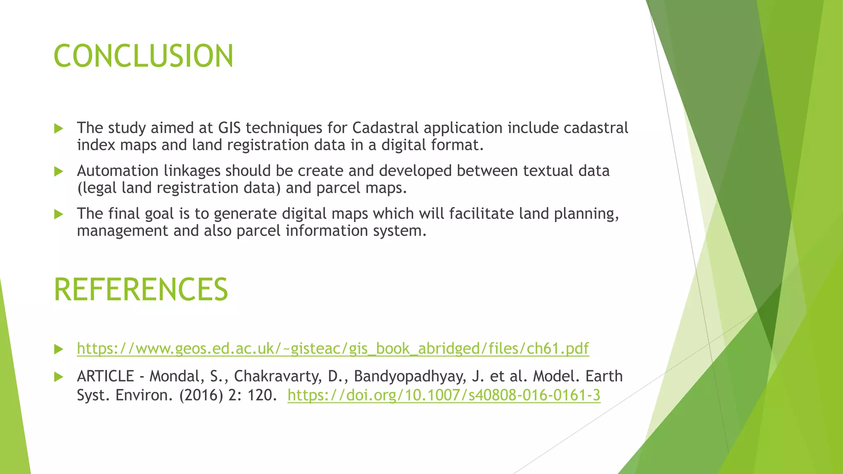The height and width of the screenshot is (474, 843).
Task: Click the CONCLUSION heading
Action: coord(143,56)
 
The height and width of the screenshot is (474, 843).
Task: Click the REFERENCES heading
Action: coord(141,289)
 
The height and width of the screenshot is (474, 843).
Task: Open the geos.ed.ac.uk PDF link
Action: coord(333,349)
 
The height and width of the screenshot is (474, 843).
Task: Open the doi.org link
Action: coord(444,395)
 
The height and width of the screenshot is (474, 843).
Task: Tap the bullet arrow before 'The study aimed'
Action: coord(58,129)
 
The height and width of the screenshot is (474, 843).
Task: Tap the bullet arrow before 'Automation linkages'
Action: coord(58,172)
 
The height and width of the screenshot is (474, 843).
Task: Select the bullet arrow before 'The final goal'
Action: coord(58,214)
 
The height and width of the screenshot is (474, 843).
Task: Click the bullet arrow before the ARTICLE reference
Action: coord(58,377)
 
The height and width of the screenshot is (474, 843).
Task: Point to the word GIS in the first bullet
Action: coord(229,128)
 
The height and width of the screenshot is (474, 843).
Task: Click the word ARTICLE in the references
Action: coord(105,376)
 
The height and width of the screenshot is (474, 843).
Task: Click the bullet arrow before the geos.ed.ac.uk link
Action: coord(58,349)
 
